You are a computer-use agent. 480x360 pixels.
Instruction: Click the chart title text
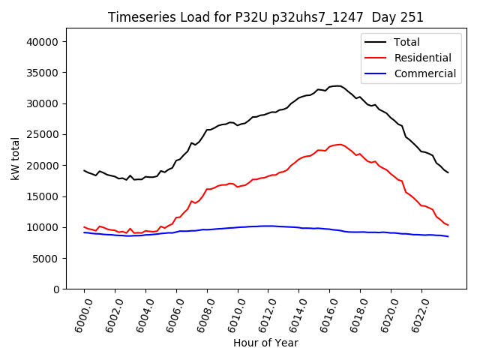[x=265, y=17]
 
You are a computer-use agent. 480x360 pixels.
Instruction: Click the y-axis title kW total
[x=15, y=159]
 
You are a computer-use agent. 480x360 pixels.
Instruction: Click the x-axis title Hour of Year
[x=265, y=343]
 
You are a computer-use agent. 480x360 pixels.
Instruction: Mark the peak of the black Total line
[x=337, y=85]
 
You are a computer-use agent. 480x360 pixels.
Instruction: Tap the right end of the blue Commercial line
[x=448, y=236]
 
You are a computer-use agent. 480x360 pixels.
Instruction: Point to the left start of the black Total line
[x=84, y=170]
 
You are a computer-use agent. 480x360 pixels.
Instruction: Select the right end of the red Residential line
[x=448, y=225]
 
